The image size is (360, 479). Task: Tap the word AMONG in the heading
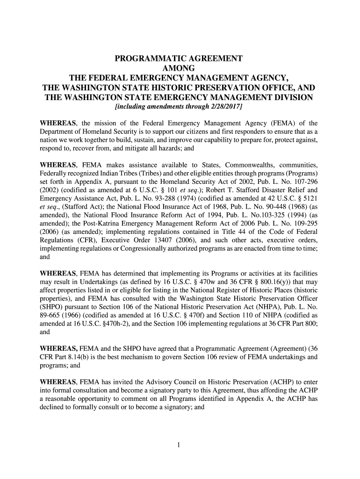pos(179,68)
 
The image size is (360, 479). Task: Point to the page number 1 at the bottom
pos(179,445)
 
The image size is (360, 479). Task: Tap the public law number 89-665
pos(51,315)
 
